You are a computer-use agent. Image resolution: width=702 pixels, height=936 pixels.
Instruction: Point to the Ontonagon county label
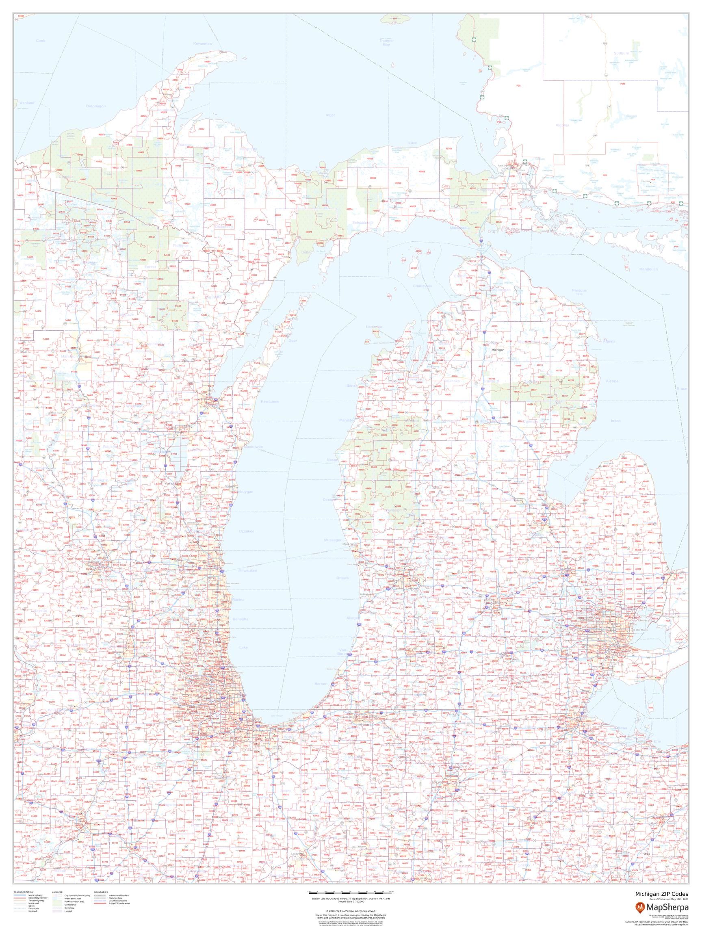point(95,106)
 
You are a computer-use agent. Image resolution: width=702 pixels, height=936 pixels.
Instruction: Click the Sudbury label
point(621,54)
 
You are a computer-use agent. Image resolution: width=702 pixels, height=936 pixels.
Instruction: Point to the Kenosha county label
point(240,619)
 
